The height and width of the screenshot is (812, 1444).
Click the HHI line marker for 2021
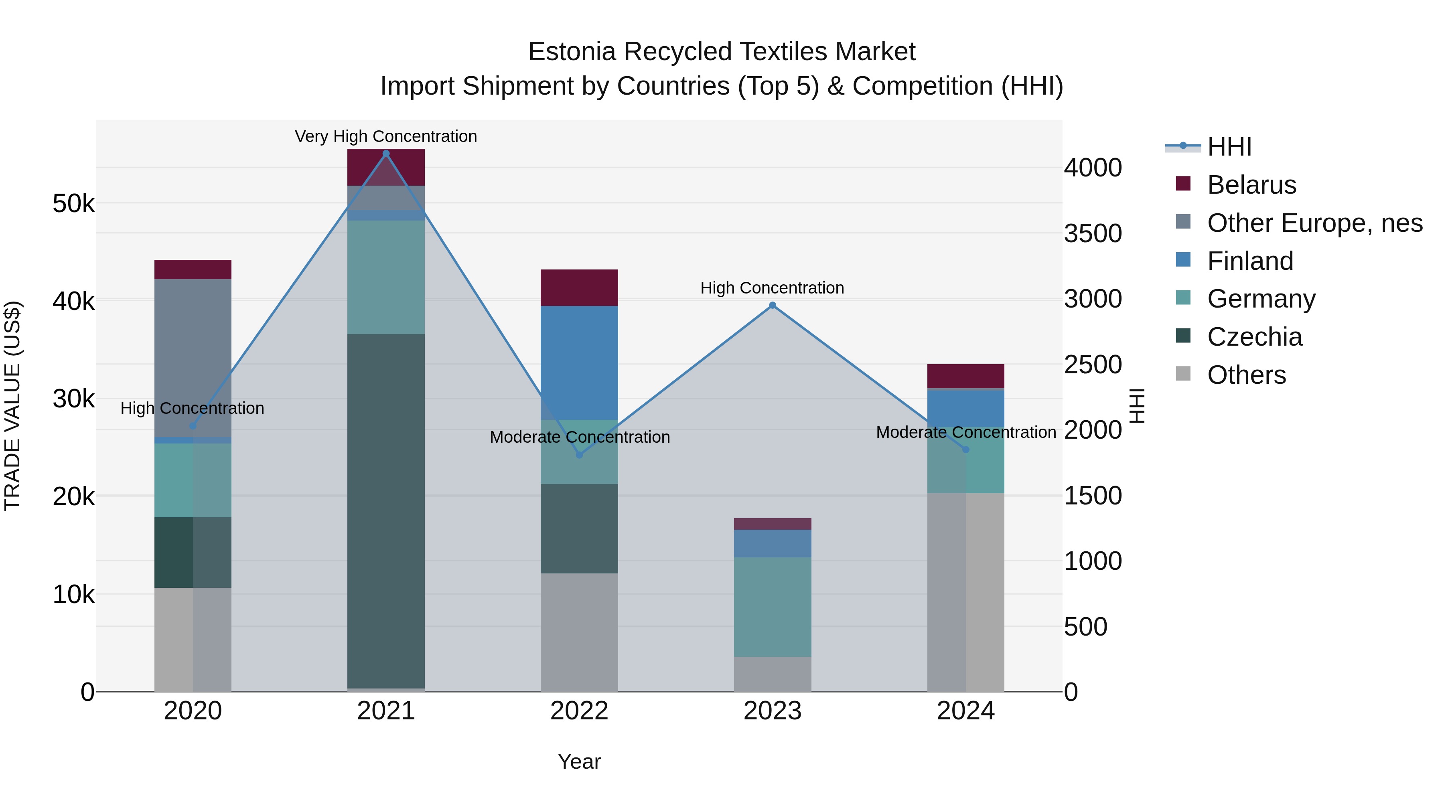(x=385, y=154)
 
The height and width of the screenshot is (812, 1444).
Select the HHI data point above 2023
(x=773, y=306)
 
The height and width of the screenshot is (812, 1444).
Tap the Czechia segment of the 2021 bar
(x=385, y=510)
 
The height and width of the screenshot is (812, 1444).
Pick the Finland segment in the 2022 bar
(x=579, y=362)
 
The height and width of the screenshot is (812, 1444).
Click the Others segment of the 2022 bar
(x=579, y=632)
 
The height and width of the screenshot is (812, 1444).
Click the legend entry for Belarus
(x=1251, y=185)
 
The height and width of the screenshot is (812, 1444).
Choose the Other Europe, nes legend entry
(x=1314, y=223)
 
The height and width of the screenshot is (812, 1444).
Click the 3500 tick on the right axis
(x=1093, y=234)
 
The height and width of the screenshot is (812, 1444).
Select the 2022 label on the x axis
(x=579, y=711)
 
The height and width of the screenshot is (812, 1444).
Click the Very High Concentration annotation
(x=385, y=136)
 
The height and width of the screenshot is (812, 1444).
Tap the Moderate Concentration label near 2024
(x=965, y=432)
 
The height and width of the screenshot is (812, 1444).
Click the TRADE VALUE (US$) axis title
(x=12, y=406)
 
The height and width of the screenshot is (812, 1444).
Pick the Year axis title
(x=579, y=761)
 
